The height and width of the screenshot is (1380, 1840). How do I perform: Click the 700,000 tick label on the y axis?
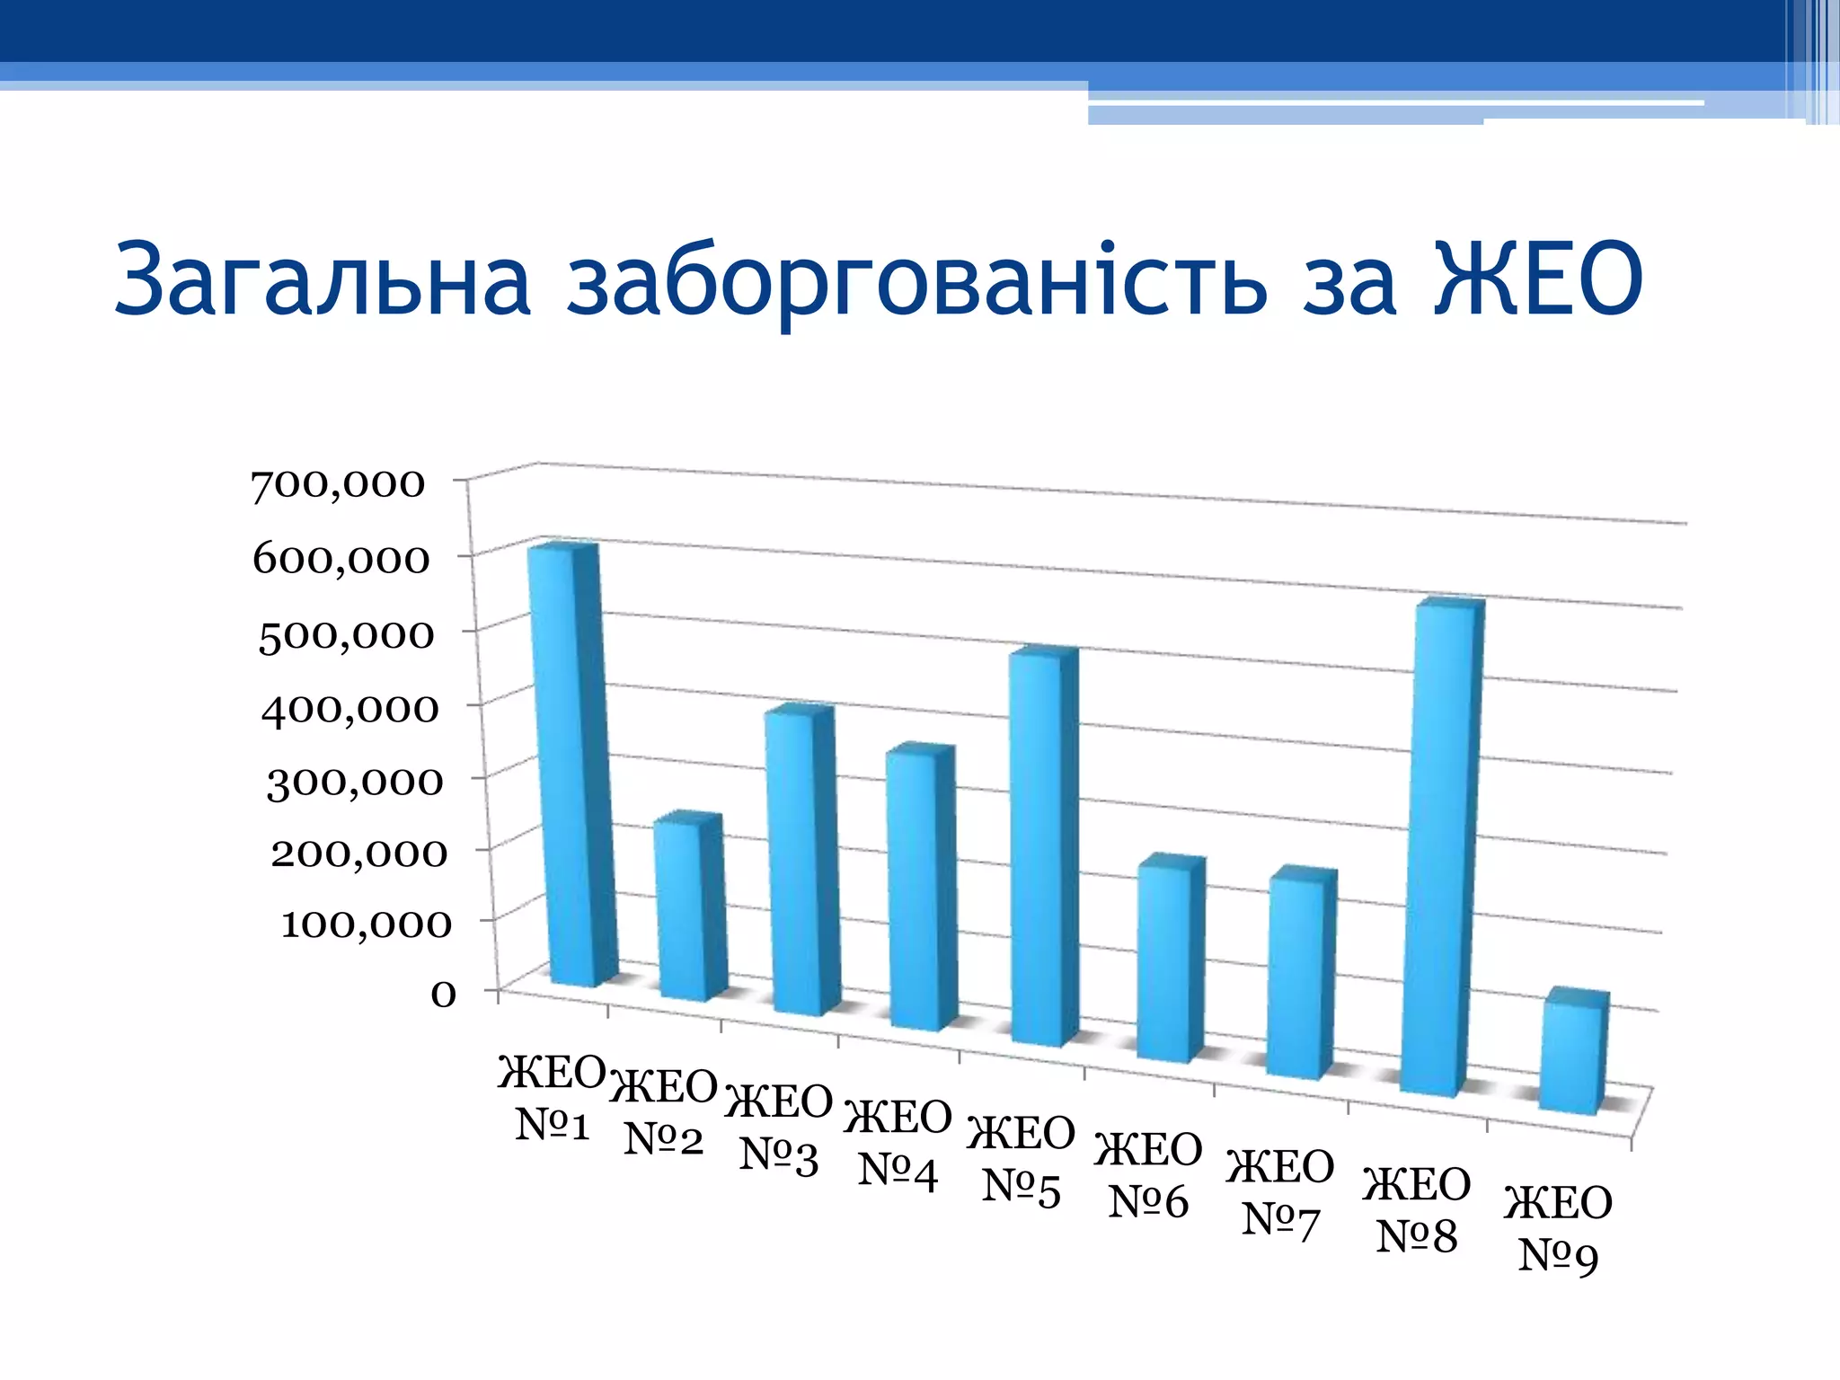pyautogui.click(x=338, y=485)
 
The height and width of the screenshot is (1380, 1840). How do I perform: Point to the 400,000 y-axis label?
pyautogui.click(x=349, y=710)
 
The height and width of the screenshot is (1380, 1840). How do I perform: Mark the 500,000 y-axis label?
pyautogui.click(x=346, y=636)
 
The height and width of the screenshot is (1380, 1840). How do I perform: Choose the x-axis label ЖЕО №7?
pyautogui.click(x=1280, y=1193)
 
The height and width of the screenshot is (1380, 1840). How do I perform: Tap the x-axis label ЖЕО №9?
pyautogui.click(x=1559, y=1229)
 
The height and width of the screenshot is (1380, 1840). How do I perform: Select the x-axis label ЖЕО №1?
pyautogui.click(x=552, y=1098)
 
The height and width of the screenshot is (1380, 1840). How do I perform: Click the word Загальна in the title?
pyautogui.click(x=323, y=280)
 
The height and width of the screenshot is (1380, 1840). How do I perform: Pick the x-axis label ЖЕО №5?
pyautogui.click(x=1022, y=1159)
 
